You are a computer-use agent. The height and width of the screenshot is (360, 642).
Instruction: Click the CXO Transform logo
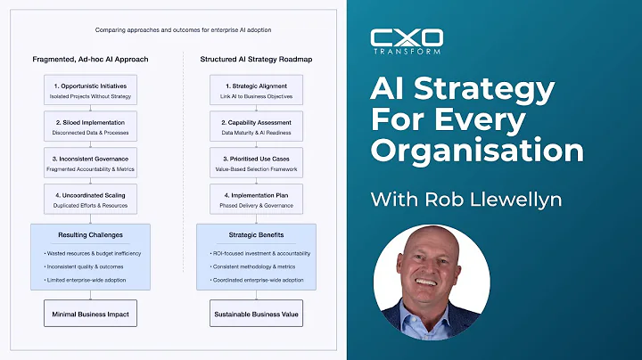pyautogui.click(x=406, y=42)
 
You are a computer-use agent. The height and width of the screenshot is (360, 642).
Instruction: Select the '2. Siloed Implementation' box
pyautogui.click(x=90, y=124)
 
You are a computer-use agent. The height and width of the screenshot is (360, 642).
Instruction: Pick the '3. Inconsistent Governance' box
pyautogui.click(x=90, y=161)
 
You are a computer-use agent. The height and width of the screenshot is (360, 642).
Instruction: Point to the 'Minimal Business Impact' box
pyautogui.click(x=90, y=314)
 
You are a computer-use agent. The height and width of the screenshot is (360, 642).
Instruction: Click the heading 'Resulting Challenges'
pyautogui.click(x=90, y=236)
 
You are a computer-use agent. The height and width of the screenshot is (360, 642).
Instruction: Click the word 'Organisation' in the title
pyautogui.click(x=477, y=148)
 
